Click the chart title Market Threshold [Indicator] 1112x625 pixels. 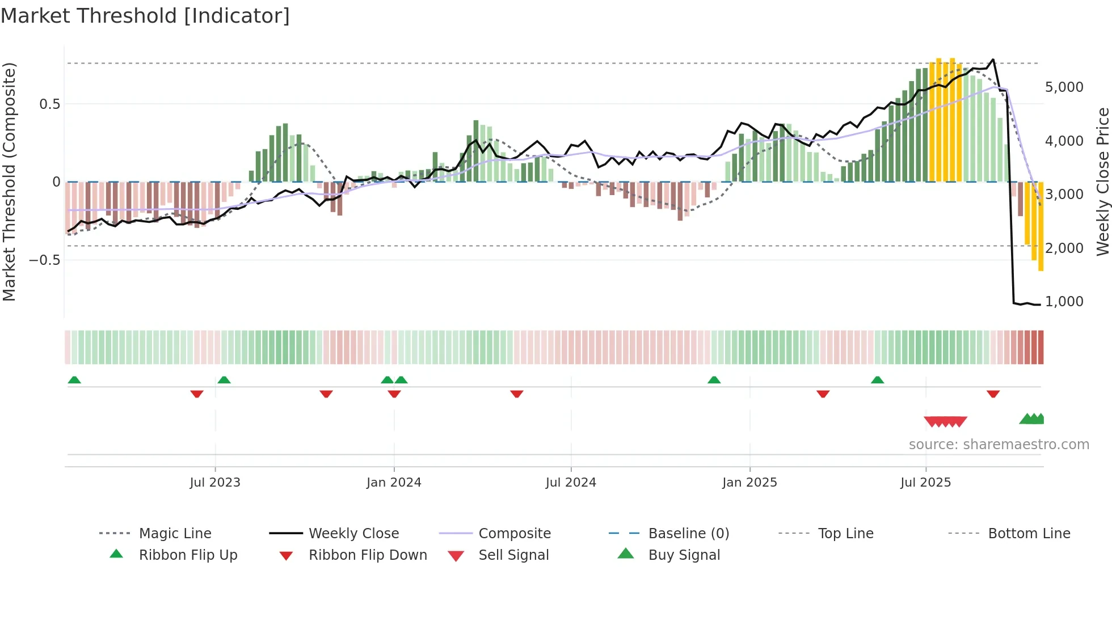(145, 16)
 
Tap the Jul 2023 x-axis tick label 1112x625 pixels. (215, 483)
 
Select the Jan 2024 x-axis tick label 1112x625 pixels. (394, 483)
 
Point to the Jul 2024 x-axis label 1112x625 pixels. (571, 483)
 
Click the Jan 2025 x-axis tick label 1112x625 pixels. (749, 483)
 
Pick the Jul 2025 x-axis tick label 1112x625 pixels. (925, 483)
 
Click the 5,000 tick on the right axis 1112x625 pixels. (1064, 87)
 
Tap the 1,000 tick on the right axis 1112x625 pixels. (1064, 302)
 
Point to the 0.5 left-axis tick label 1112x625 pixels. (49, 104)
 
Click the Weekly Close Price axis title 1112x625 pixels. (1102, 181)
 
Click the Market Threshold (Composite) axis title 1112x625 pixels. (9, 181)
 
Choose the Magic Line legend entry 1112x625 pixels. (175, 534)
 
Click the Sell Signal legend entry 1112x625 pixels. (513, 555)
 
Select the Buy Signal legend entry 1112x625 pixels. (684, 555)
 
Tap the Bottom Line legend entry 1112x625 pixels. (1029, 534)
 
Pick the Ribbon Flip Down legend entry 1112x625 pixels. (367, 555)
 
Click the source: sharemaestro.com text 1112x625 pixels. (999, 445)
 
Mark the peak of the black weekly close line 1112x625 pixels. (993, 60)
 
